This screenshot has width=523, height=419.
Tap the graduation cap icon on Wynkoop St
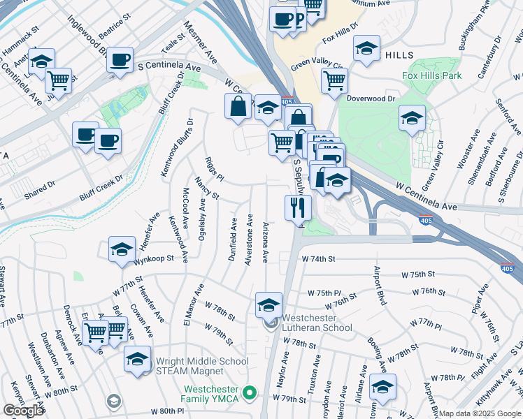[x=122, y=249]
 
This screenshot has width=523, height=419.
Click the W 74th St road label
[x=319, y=258]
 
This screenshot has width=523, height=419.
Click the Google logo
[x=23, y=411]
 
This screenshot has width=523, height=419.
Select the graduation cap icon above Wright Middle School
[x=137, y=358]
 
